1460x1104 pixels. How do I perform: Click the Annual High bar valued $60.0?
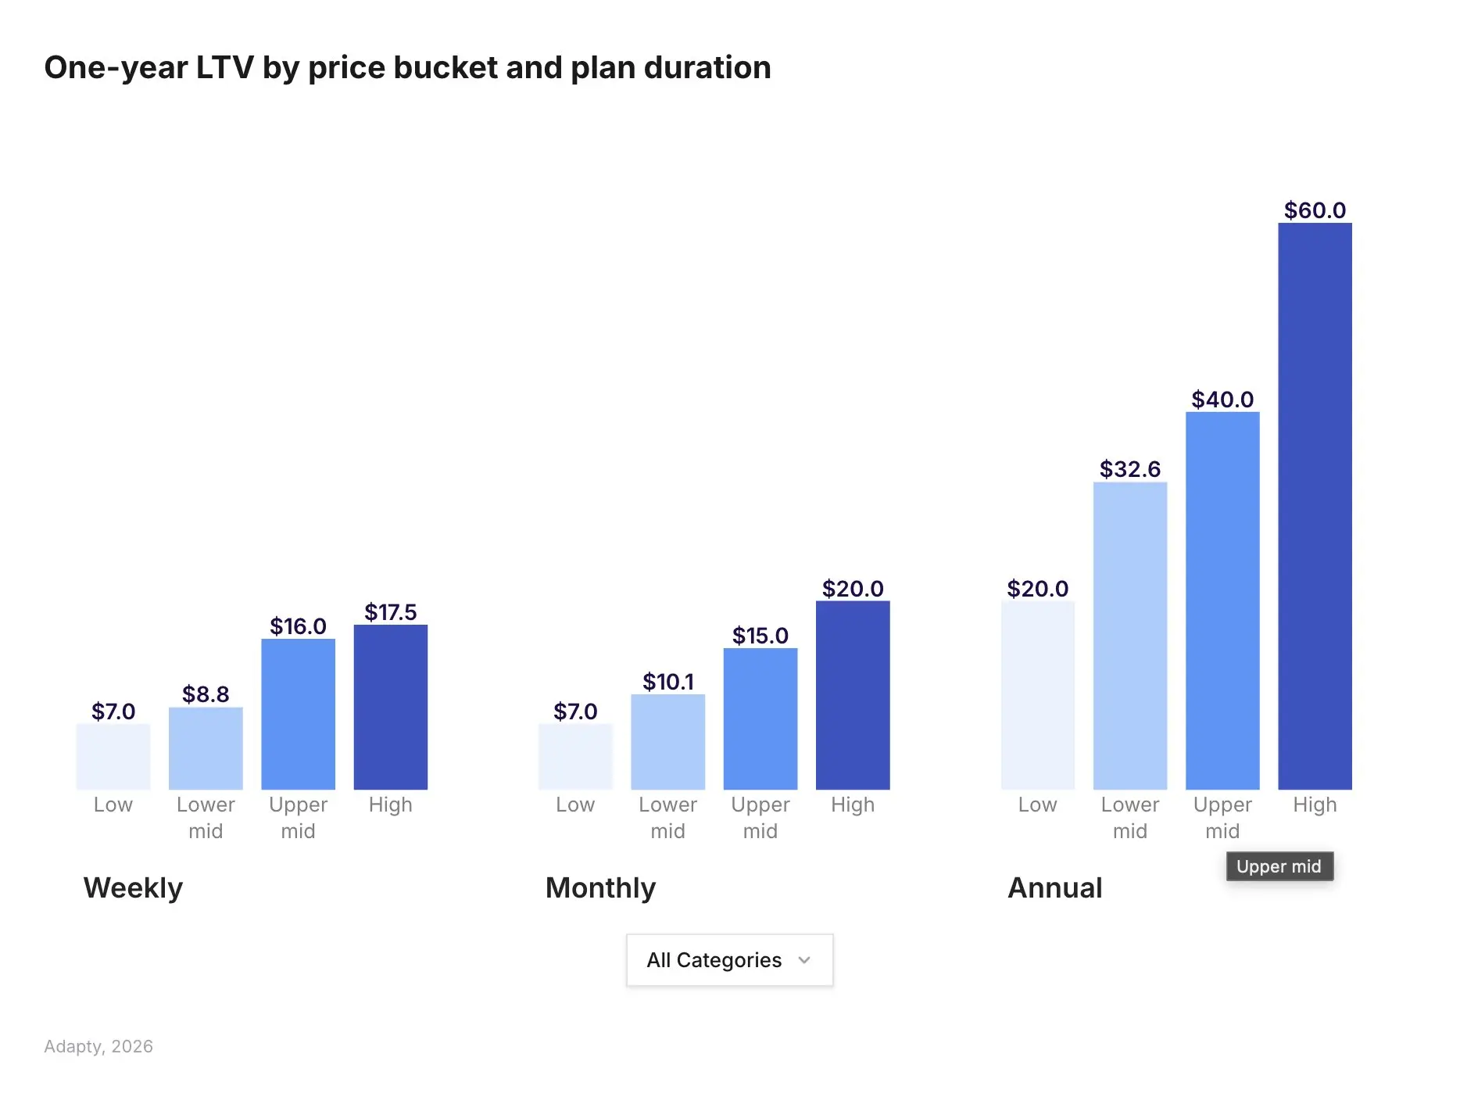1315,506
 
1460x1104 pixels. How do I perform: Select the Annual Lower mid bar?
1129,636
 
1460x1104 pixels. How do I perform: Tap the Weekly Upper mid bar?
298,714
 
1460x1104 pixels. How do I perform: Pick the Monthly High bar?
852,695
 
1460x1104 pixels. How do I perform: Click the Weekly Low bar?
113,756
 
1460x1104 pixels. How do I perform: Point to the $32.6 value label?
1129,469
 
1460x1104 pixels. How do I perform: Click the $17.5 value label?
390,612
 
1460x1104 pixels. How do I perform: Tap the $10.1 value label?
667,682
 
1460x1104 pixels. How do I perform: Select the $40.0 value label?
1222,400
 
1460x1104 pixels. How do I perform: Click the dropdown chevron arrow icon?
804,960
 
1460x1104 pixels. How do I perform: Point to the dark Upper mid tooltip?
1279,866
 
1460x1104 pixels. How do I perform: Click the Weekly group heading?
133,888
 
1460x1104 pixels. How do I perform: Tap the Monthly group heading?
600,888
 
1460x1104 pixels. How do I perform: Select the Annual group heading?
1054,888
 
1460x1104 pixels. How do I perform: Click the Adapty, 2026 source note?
98,1046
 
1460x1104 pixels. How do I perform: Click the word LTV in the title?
224,68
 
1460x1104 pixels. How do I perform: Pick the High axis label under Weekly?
390,805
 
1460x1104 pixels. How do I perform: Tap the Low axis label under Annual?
1037,805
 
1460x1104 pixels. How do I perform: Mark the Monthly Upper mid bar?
760,719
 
